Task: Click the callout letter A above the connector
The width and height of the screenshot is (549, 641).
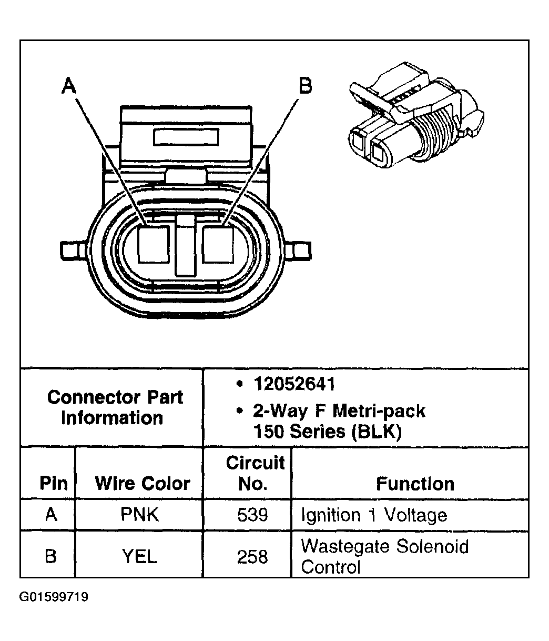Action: click(68, 85)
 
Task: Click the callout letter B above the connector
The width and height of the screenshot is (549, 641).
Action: click(305, 85)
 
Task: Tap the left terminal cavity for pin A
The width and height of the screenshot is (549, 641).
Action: click(153, 244)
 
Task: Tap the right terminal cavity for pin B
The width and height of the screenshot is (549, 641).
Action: click(218, 244)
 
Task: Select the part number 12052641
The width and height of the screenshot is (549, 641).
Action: click(293, 384)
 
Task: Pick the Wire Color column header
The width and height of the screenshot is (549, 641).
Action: click(142, 483)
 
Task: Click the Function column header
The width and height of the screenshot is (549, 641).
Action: click(415, 483)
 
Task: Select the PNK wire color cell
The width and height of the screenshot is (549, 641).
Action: click(140, 514)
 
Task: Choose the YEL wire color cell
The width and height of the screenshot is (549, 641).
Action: click(140, 556)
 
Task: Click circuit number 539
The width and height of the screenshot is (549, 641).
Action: click(252, 514)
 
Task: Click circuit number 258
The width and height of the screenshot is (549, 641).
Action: click(252, 556)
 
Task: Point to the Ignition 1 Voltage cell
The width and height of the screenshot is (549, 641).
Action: click(373, 514)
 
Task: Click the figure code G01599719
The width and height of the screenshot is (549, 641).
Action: click(54, 597)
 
